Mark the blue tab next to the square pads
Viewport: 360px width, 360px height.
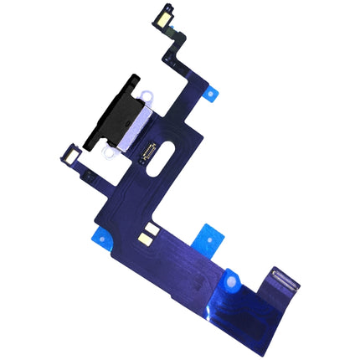pyautogui.click(x=206, y=238)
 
